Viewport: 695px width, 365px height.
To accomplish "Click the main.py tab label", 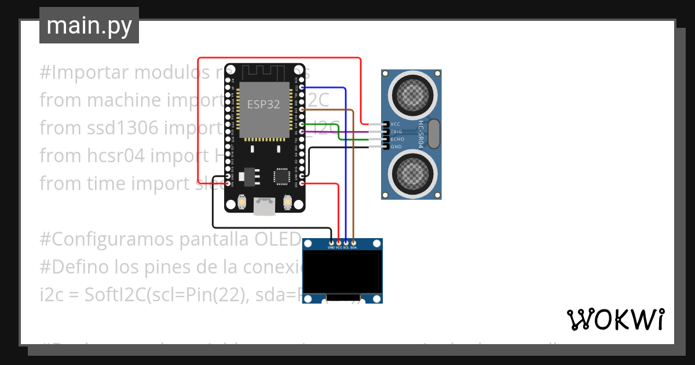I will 89,25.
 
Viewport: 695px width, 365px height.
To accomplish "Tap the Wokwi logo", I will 615,319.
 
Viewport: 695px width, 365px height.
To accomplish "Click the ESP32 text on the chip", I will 264,105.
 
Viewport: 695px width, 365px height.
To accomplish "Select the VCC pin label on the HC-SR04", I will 396,124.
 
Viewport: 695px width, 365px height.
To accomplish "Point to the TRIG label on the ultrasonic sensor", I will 397,132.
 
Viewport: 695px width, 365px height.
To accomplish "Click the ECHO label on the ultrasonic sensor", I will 397,139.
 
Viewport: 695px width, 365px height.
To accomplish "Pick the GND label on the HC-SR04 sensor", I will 396,147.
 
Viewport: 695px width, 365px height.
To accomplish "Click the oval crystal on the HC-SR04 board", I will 434,134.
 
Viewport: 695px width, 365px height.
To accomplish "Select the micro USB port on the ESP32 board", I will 265,206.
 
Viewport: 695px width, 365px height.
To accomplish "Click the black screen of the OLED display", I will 342,272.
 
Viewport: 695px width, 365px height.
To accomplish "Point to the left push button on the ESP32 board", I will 242,202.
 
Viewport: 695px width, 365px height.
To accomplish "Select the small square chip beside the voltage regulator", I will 282,176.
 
